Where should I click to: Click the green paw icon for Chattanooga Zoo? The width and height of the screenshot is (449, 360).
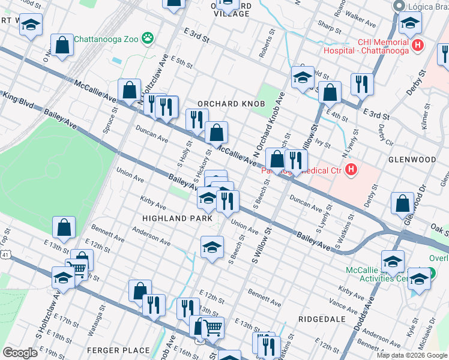tap(148, 40)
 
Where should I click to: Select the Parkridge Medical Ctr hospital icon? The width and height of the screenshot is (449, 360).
tap(351, 171)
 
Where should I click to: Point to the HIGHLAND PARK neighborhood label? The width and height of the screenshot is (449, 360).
tap(177, 218)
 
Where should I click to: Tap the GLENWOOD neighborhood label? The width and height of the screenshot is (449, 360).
tap(412, 160)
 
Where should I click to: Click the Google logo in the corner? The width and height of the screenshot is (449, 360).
tap(20, 352)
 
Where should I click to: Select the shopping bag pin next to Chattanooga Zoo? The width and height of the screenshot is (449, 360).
tap(62, 45)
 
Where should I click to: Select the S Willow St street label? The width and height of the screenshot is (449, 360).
tap(262, 246)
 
